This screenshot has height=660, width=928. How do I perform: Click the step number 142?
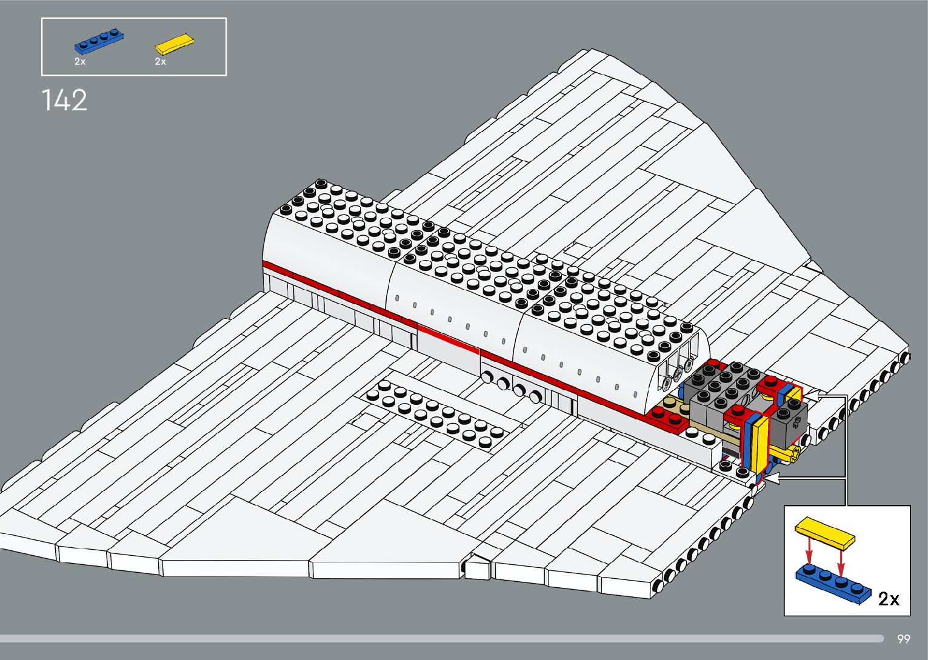click(64, 100)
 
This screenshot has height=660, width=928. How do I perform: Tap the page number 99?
click(903, 639)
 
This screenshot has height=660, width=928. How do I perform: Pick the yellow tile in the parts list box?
click(174, 44)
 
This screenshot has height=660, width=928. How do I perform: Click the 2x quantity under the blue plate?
click(80, 62)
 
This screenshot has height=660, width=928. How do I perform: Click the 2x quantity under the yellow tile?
click(160, 62)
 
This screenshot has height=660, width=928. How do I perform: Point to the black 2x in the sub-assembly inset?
click(888, 599)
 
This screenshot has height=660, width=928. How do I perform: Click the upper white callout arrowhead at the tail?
click(811, 396)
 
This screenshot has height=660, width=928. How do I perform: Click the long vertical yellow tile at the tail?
click(761, 440)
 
